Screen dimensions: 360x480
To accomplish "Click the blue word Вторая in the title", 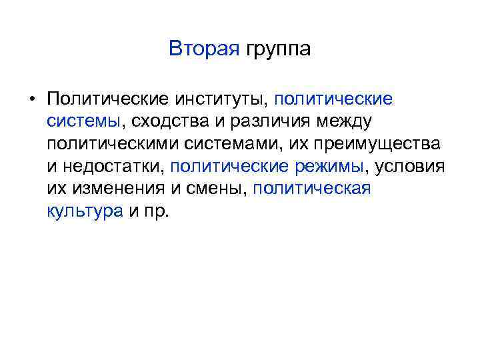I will [x=203, y=49].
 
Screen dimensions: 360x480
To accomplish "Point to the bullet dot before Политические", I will [x=31, y=100].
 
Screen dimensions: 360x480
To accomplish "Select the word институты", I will [x=221, y=100].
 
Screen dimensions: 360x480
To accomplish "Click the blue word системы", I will [x=83, y=122].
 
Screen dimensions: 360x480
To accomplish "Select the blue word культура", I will [x=85, y=212].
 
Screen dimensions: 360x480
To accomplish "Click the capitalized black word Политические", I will [x=107, y=100].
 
